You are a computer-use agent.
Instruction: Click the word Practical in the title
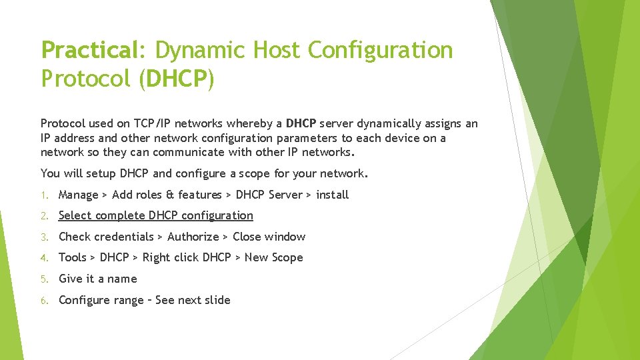pyautogui.click(x=89, y=51)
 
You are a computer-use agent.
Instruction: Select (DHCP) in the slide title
pyautogui.click(x=177, y=79)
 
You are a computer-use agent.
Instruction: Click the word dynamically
pyautogui.click(x=393, y=123)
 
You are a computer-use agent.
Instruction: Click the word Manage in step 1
pyautogui.click(x=79, y=195)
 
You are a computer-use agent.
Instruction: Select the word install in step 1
pyautogui.click(x=332, y=195)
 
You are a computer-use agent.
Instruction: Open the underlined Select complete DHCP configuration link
pyautogui.click(x=156, y=215)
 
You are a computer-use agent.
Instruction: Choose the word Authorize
pyautogui.click(x=193, y=237)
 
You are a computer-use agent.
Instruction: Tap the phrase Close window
pyautogui.click(x=269, y=237)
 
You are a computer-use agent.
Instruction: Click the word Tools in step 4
pyautogui.click(x=73, y=257)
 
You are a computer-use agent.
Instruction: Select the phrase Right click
pyautogui.click(x=171, y=257)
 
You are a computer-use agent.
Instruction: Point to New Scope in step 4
pyautogui.click(x=273, y=257)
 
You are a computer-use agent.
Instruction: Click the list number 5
pyautogui.click(x=43, y=279)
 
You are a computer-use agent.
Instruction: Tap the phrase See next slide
pyautogui.click(x=193, y=300)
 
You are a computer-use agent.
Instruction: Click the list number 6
pyautogui.click(x=43, y=301)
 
